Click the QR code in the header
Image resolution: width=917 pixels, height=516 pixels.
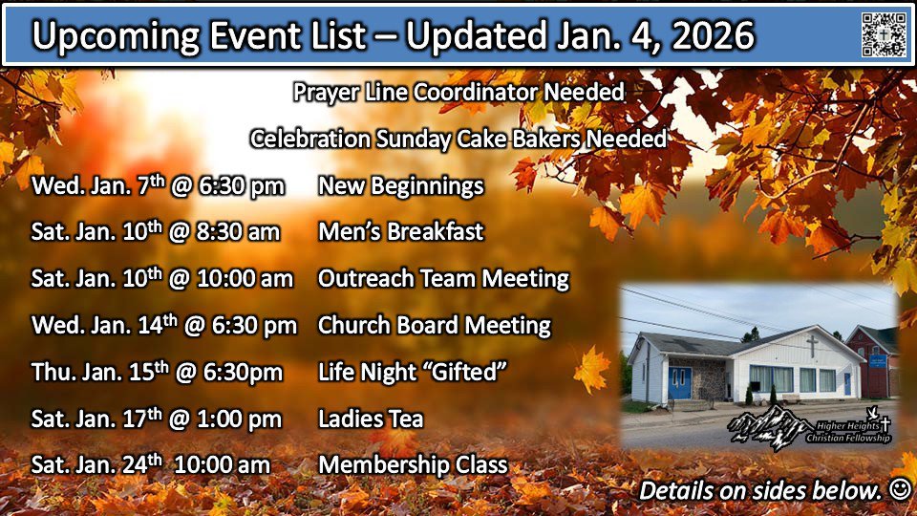pos(884,35)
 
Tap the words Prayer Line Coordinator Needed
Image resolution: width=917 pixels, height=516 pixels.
pos(458,93)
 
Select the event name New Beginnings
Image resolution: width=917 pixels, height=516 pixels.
pos(400,186)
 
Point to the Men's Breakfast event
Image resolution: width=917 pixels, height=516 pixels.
pos(400,231)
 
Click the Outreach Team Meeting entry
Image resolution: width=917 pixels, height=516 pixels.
pos(443,278)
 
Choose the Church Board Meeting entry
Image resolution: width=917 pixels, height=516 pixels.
pos(434,325)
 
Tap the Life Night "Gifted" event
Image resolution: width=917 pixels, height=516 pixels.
pos(412,372)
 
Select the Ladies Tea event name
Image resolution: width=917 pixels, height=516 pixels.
pos(371,419)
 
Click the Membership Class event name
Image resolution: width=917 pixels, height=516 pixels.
pos(413,465)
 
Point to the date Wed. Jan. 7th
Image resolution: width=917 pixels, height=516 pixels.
pos(98,185)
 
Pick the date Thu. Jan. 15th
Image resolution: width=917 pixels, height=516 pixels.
pos(100,372)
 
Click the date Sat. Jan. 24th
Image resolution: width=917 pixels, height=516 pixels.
pos(96,464)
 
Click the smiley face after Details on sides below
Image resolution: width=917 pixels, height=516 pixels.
pos(901,489)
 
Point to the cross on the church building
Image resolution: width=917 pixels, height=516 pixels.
pos(812,347)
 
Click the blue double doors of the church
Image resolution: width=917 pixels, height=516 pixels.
pos(679,382)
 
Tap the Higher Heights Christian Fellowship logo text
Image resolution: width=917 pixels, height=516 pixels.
pos(848,432)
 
